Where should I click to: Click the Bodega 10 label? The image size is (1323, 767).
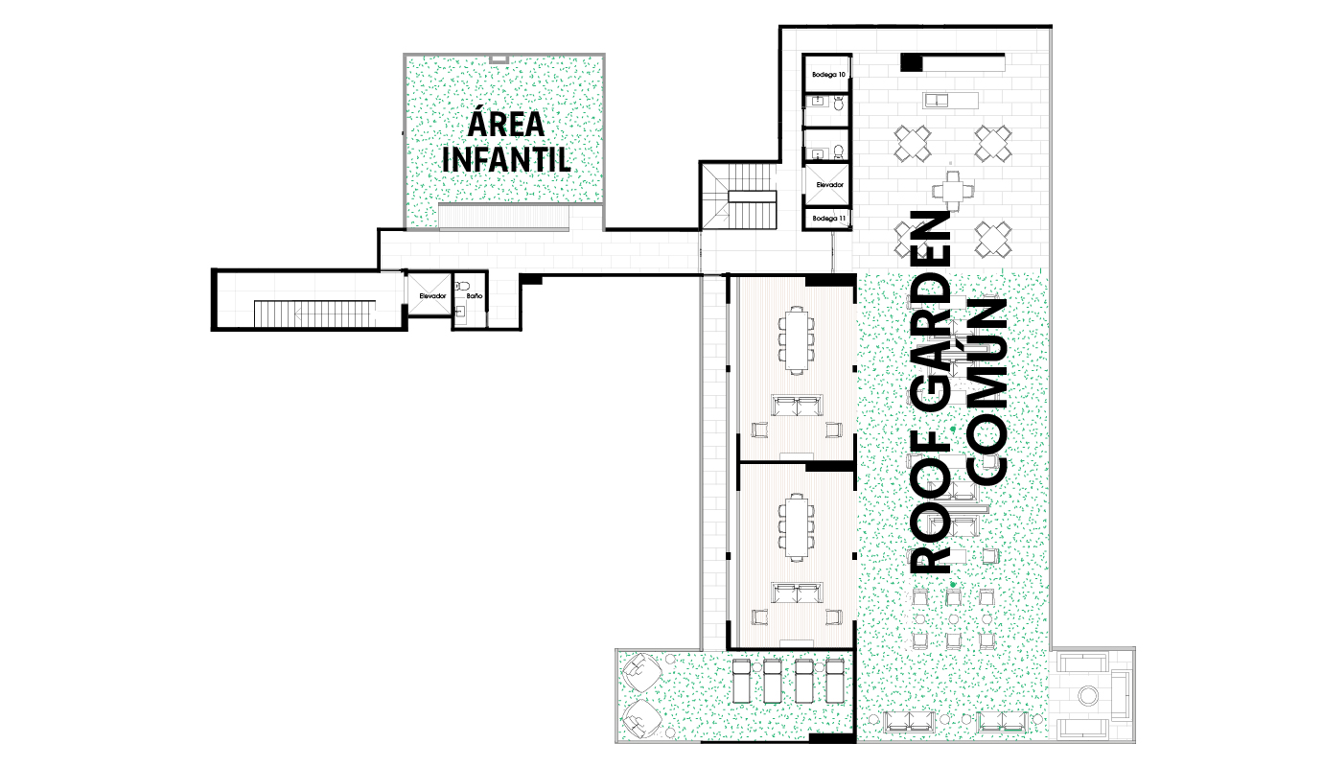click(x=828, y=75)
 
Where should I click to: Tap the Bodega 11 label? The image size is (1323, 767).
click(x=828, y=219)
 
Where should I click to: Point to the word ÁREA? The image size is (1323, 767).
click(x=506, y=124)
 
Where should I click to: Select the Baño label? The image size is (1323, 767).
click(x=475, y=296)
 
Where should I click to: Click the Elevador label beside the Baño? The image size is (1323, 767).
click(x=432, y=296)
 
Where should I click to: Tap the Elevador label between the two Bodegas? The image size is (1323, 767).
click(x=830, y=185)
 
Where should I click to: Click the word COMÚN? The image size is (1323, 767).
click(x=986, y=391)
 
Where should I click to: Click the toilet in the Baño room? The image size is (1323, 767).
click(x=462, y=287)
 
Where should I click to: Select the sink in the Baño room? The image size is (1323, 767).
click(x=460, y=312)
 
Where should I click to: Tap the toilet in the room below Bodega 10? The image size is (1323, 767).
click(x=839, y=105)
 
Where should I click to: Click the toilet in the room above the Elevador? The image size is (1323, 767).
click(x=839, y=151)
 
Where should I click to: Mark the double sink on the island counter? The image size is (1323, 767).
click(x=937, y=101)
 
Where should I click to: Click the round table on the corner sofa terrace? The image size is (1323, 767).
click(x=1087, y=695)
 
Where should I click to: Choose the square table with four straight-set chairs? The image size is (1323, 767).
click(x=952, y=191)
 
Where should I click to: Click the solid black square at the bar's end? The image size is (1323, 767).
click(x=911, y=62)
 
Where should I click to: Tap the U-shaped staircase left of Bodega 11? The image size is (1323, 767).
click(x=739, y=196)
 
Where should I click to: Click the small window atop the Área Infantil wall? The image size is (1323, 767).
click(x=499, y=58)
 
